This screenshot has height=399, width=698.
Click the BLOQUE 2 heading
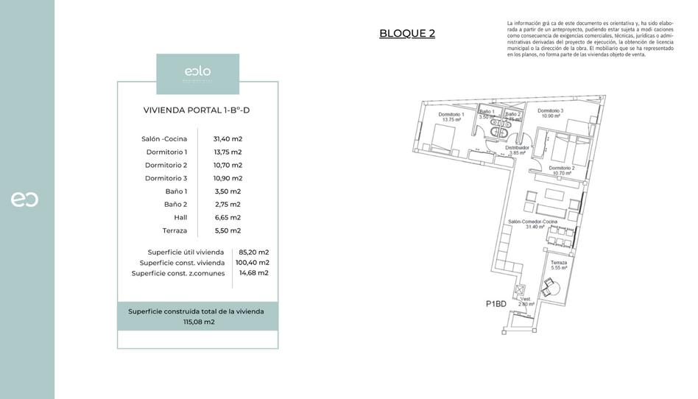406,33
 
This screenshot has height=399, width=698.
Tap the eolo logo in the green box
197,71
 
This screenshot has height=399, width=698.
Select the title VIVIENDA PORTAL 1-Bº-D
197,110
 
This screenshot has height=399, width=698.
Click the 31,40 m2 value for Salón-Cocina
228,138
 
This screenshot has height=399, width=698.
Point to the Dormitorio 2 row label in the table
166,165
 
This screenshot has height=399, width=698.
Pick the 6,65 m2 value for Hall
228,217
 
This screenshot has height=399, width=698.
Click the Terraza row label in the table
174,230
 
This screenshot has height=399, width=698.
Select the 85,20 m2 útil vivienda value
253,252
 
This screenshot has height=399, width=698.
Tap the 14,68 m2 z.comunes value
253,272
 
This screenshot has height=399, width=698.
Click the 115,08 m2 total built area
198,322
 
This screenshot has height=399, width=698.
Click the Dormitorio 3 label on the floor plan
551,112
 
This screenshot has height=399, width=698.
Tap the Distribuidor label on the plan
518,148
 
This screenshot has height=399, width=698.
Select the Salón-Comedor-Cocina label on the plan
533,222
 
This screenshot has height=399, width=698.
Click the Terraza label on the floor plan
559,263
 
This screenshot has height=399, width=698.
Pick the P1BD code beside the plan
496,303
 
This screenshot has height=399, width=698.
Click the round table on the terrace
552,286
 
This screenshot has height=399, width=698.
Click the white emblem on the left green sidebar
24,199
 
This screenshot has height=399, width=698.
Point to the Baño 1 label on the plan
488,113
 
